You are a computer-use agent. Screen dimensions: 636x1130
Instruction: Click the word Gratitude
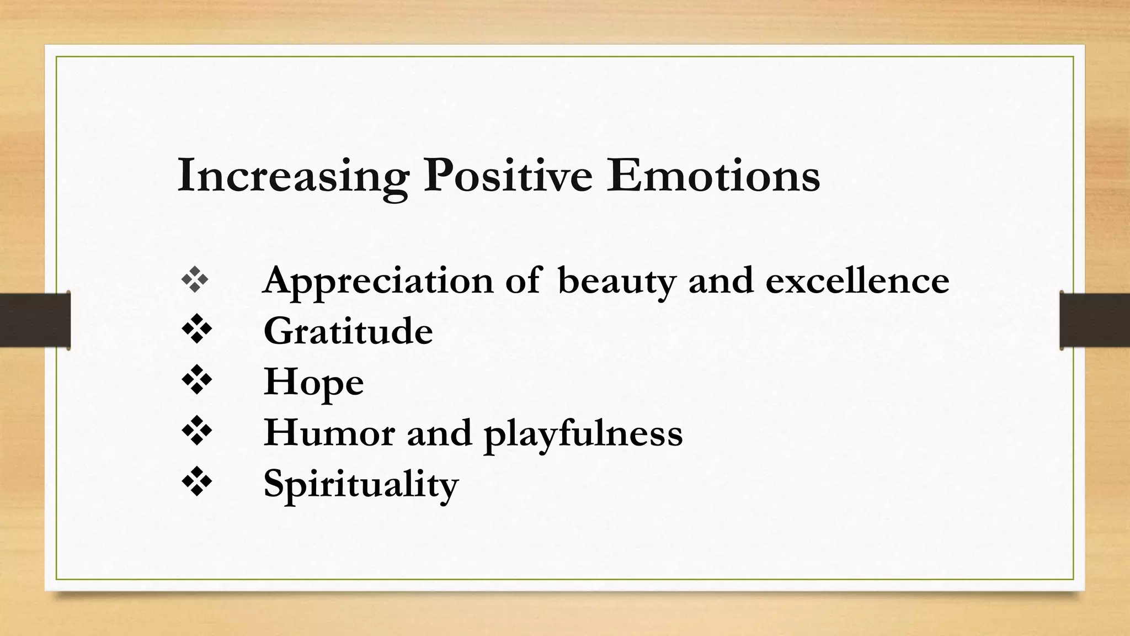348,331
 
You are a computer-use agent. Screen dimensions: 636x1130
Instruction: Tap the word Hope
313,382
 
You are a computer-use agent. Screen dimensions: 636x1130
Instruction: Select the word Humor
329,433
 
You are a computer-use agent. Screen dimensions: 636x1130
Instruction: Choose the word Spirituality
361,484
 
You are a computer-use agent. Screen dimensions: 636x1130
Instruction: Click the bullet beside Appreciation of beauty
195,280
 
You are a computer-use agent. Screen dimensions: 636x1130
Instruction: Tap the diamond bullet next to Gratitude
197,330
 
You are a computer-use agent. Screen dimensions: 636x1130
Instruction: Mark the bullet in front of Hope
197,381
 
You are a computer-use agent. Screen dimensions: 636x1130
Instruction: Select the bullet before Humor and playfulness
197,432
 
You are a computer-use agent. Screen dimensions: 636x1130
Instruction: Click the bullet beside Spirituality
197,483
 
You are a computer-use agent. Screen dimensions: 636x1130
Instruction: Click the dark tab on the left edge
35,320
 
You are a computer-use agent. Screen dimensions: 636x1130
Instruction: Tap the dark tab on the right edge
1095,320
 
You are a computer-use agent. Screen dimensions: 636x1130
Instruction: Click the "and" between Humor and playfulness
439,433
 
